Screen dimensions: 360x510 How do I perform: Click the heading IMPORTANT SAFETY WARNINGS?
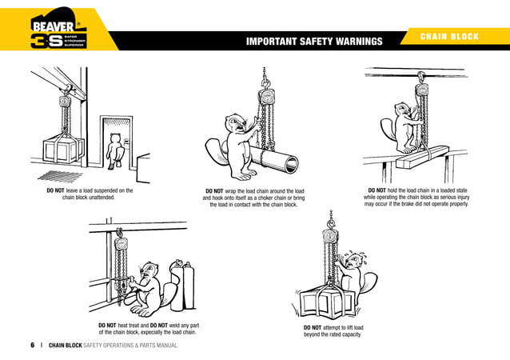point(314,42)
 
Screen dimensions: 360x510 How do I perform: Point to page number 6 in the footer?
point(32,346)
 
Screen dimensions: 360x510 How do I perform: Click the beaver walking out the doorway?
point(116,150)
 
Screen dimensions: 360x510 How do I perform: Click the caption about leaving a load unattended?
point(89,194)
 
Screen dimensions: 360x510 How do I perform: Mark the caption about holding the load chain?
point(416,197)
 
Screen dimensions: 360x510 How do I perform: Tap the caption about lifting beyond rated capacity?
point(333,331)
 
